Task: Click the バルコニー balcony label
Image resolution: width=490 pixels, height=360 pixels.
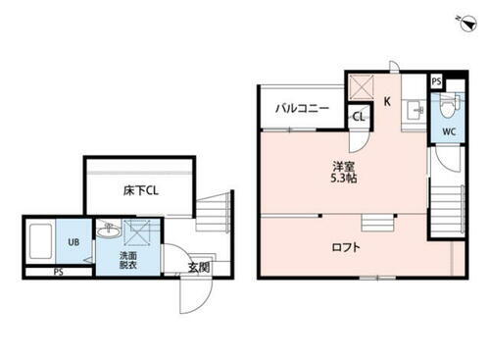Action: click(302, 108)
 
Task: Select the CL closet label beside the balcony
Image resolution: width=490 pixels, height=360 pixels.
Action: click(359, 117)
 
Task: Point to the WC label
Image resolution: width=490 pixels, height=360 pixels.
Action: click(448, 131)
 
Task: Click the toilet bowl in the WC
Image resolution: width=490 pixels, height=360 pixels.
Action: click(447, 107)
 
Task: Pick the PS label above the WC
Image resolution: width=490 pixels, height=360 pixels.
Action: click(435, 82)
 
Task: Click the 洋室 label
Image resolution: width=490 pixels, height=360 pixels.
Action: click(342, 165)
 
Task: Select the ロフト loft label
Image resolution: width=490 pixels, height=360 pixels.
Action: click(344, 247)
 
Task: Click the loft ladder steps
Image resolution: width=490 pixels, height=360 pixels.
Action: click(376, 221)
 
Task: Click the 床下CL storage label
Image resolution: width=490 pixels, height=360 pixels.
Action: click(140, 190)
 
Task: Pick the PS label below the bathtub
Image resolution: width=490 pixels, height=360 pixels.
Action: click(58, 272)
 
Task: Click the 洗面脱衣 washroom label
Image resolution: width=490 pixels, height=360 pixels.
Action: click(129, 259)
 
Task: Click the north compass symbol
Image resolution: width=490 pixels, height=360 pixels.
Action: click(461, 21)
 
